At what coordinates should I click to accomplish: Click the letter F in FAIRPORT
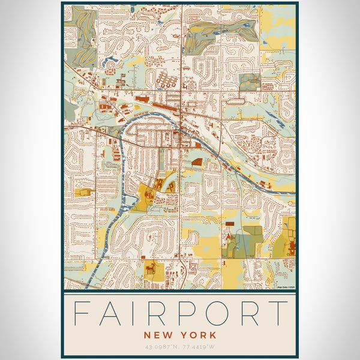(x=83, y=314)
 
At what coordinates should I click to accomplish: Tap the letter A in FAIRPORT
(x=113, y=314)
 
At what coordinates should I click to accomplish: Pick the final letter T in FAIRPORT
(x=278, y=314)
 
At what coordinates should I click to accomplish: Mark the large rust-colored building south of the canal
(x=196, y=161)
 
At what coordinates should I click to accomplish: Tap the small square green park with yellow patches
(x=249, y=82)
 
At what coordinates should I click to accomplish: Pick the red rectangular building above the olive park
(x=229, y=223)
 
